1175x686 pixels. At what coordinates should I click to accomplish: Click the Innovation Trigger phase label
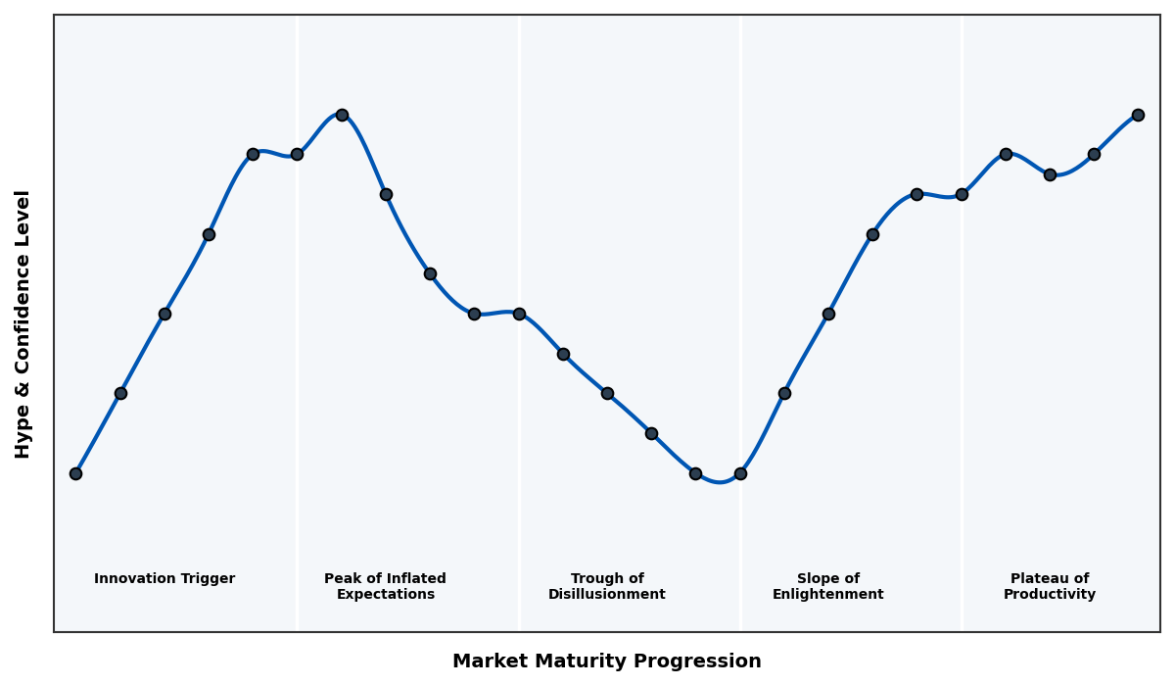pos(164,579)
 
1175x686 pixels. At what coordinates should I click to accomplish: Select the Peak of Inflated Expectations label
pos(385,586)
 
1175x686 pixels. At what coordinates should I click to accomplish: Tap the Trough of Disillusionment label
pos(606,586)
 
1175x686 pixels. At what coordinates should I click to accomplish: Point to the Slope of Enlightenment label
pos(827,586)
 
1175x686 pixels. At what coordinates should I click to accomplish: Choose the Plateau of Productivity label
pos(1049,586)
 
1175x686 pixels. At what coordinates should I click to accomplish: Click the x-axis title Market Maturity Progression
pos(606,661)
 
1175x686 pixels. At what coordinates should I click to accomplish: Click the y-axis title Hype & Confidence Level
pos(23,323)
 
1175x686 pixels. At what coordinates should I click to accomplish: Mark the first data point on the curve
pos(75,473)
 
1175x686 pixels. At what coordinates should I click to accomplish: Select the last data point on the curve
pos(1138,115)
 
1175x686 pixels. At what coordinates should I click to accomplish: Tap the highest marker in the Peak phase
pos(342,115)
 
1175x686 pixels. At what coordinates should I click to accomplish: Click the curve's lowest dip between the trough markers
pos(720,482)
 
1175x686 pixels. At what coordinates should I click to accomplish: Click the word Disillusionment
pos(606,595)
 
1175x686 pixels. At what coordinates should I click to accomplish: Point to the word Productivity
pos(1049,595)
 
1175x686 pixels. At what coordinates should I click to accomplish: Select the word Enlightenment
pos(827,595)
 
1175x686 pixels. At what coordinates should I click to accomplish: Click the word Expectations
pos(385,595)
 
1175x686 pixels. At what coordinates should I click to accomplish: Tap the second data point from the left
pos(120,393)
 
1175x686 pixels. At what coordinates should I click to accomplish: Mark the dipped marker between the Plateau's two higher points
pos(1050,174)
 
